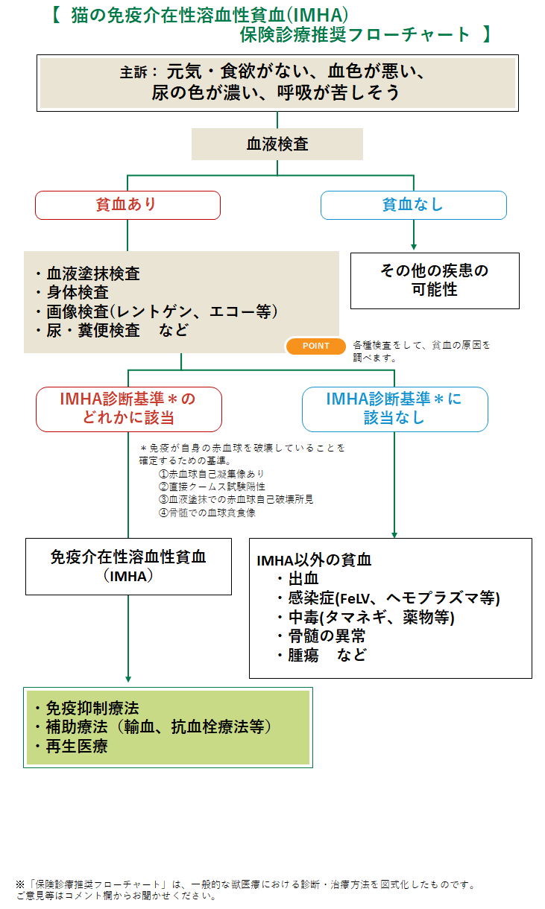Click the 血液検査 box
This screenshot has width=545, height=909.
[x=277, y=144]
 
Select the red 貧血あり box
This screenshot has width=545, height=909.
[x=127, y=205]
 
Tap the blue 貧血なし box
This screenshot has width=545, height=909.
[x=413, y=205]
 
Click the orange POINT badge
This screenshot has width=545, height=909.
[x=316, y=346]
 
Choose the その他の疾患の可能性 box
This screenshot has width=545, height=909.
[x=435, y=280]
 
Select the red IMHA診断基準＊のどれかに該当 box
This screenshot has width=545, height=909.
[x=128, y=408]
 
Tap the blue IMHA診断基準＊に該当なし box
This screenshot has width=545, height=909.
[x=394, y=408]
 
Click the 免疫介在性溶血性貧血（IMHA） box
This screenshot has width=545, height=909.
[x=128, y=566]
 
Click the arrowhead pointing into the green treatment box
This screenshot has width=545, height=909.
[x=128, y=678]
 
